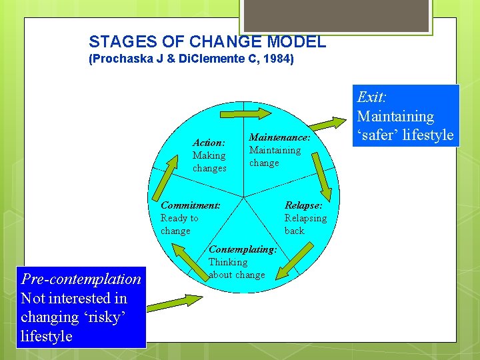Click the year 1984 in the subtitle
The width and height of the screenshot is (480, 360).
click(x=279, y=59)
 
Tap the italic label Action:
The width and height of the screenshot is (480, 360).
click(x=208, y=143)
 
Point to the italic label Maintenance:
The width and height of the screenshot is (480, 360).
click(x=279, y=137)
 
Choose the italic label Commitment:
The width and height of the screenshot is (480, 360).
click(x=190, y=205)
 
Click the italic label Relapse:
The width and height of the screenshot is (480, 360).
click(x=303, y=205)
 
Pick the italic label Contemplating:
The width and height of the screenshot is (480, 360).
click(x=243, y=249)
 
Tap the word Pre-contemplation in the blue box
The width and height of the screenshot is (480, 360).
click(x=81, y=279)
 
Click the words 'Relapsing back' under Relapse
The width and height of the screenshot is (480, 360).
click(x=305, y=225)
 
